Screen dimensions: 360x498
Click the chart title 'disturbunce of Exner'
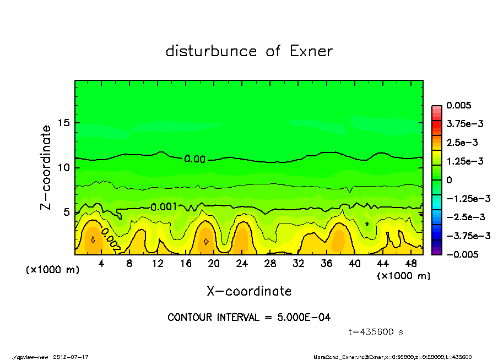(249, 51)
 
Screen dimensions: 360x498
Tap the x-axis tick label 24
(242, 264)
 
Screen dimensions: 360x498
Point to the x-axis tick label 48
(411, 264)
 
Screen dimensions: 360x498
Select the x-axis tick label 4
(101, 264)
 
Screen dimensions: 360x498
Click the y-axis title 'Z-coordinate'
(46, 167)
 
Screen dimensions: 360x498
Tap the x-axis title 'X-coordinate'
(249, 291)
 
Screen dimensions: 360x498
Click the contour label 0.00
(194, 159)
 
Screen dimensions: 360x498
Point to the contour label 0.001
(164, 206)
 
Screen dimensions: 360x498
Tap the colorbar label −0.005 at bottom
(462, 254)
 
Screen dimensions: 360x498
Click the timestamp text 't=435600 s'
(376, 332)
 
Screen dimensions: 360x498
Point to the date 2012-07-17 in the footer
(71, 357)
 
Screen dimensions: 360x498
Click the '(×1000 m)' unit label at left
(50, 271)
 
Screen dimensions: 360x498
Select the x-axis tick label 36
(326, 264)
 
